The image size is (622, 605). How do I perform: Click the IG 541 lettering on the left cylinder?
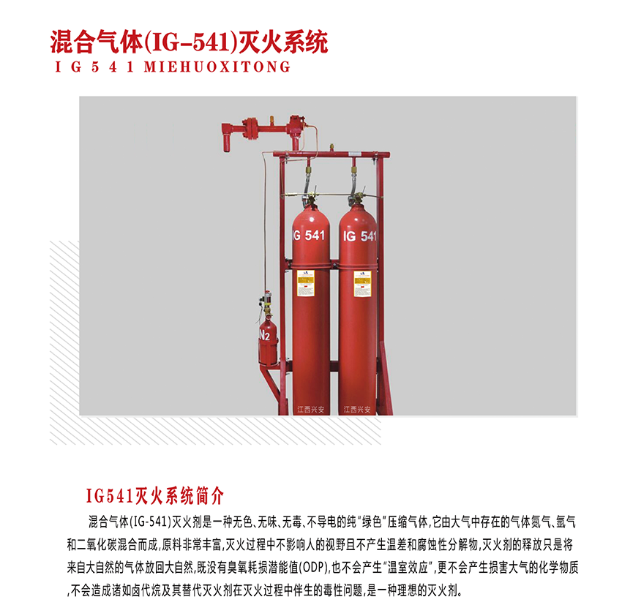[309, 236]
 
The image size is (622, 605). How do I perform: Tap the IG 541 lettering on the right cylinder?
[359, 236]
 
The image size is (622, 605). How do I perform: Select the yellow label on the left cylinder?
[305, 282]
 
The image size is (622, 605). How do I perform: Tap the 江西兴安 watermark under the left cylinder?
[310, 410]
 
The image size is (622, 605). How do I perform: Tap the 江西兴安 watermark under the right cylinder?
[357, 410]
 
